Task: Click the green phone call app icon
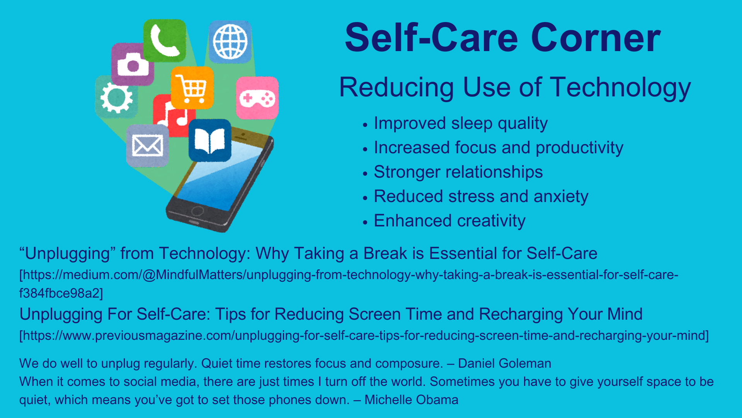click(165, 41)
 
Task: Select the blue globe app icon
click(230, 42)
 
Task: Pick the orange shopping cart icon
click(192, 88)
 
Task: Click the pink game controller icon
click(257, 98)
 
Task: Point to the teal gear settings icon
click(116, 97)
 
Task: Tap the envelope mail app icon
click(148, 146)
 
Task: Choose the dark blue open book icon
click(210, 140)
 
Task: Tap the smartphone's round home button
click(197, 211)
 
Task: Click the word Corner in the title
click(596, 38)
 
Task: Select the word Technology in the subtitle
click(620, 88)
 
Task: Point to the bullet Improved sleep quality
click(461, 123)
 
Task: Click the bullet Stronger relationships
click(458, 172)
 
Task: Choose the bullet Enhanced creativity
click(449, 221)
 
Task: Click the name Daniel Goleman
click(504, 363)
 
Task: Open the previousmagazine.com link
click(364, 336)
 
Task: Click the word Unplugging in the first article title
click(68, 254)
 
